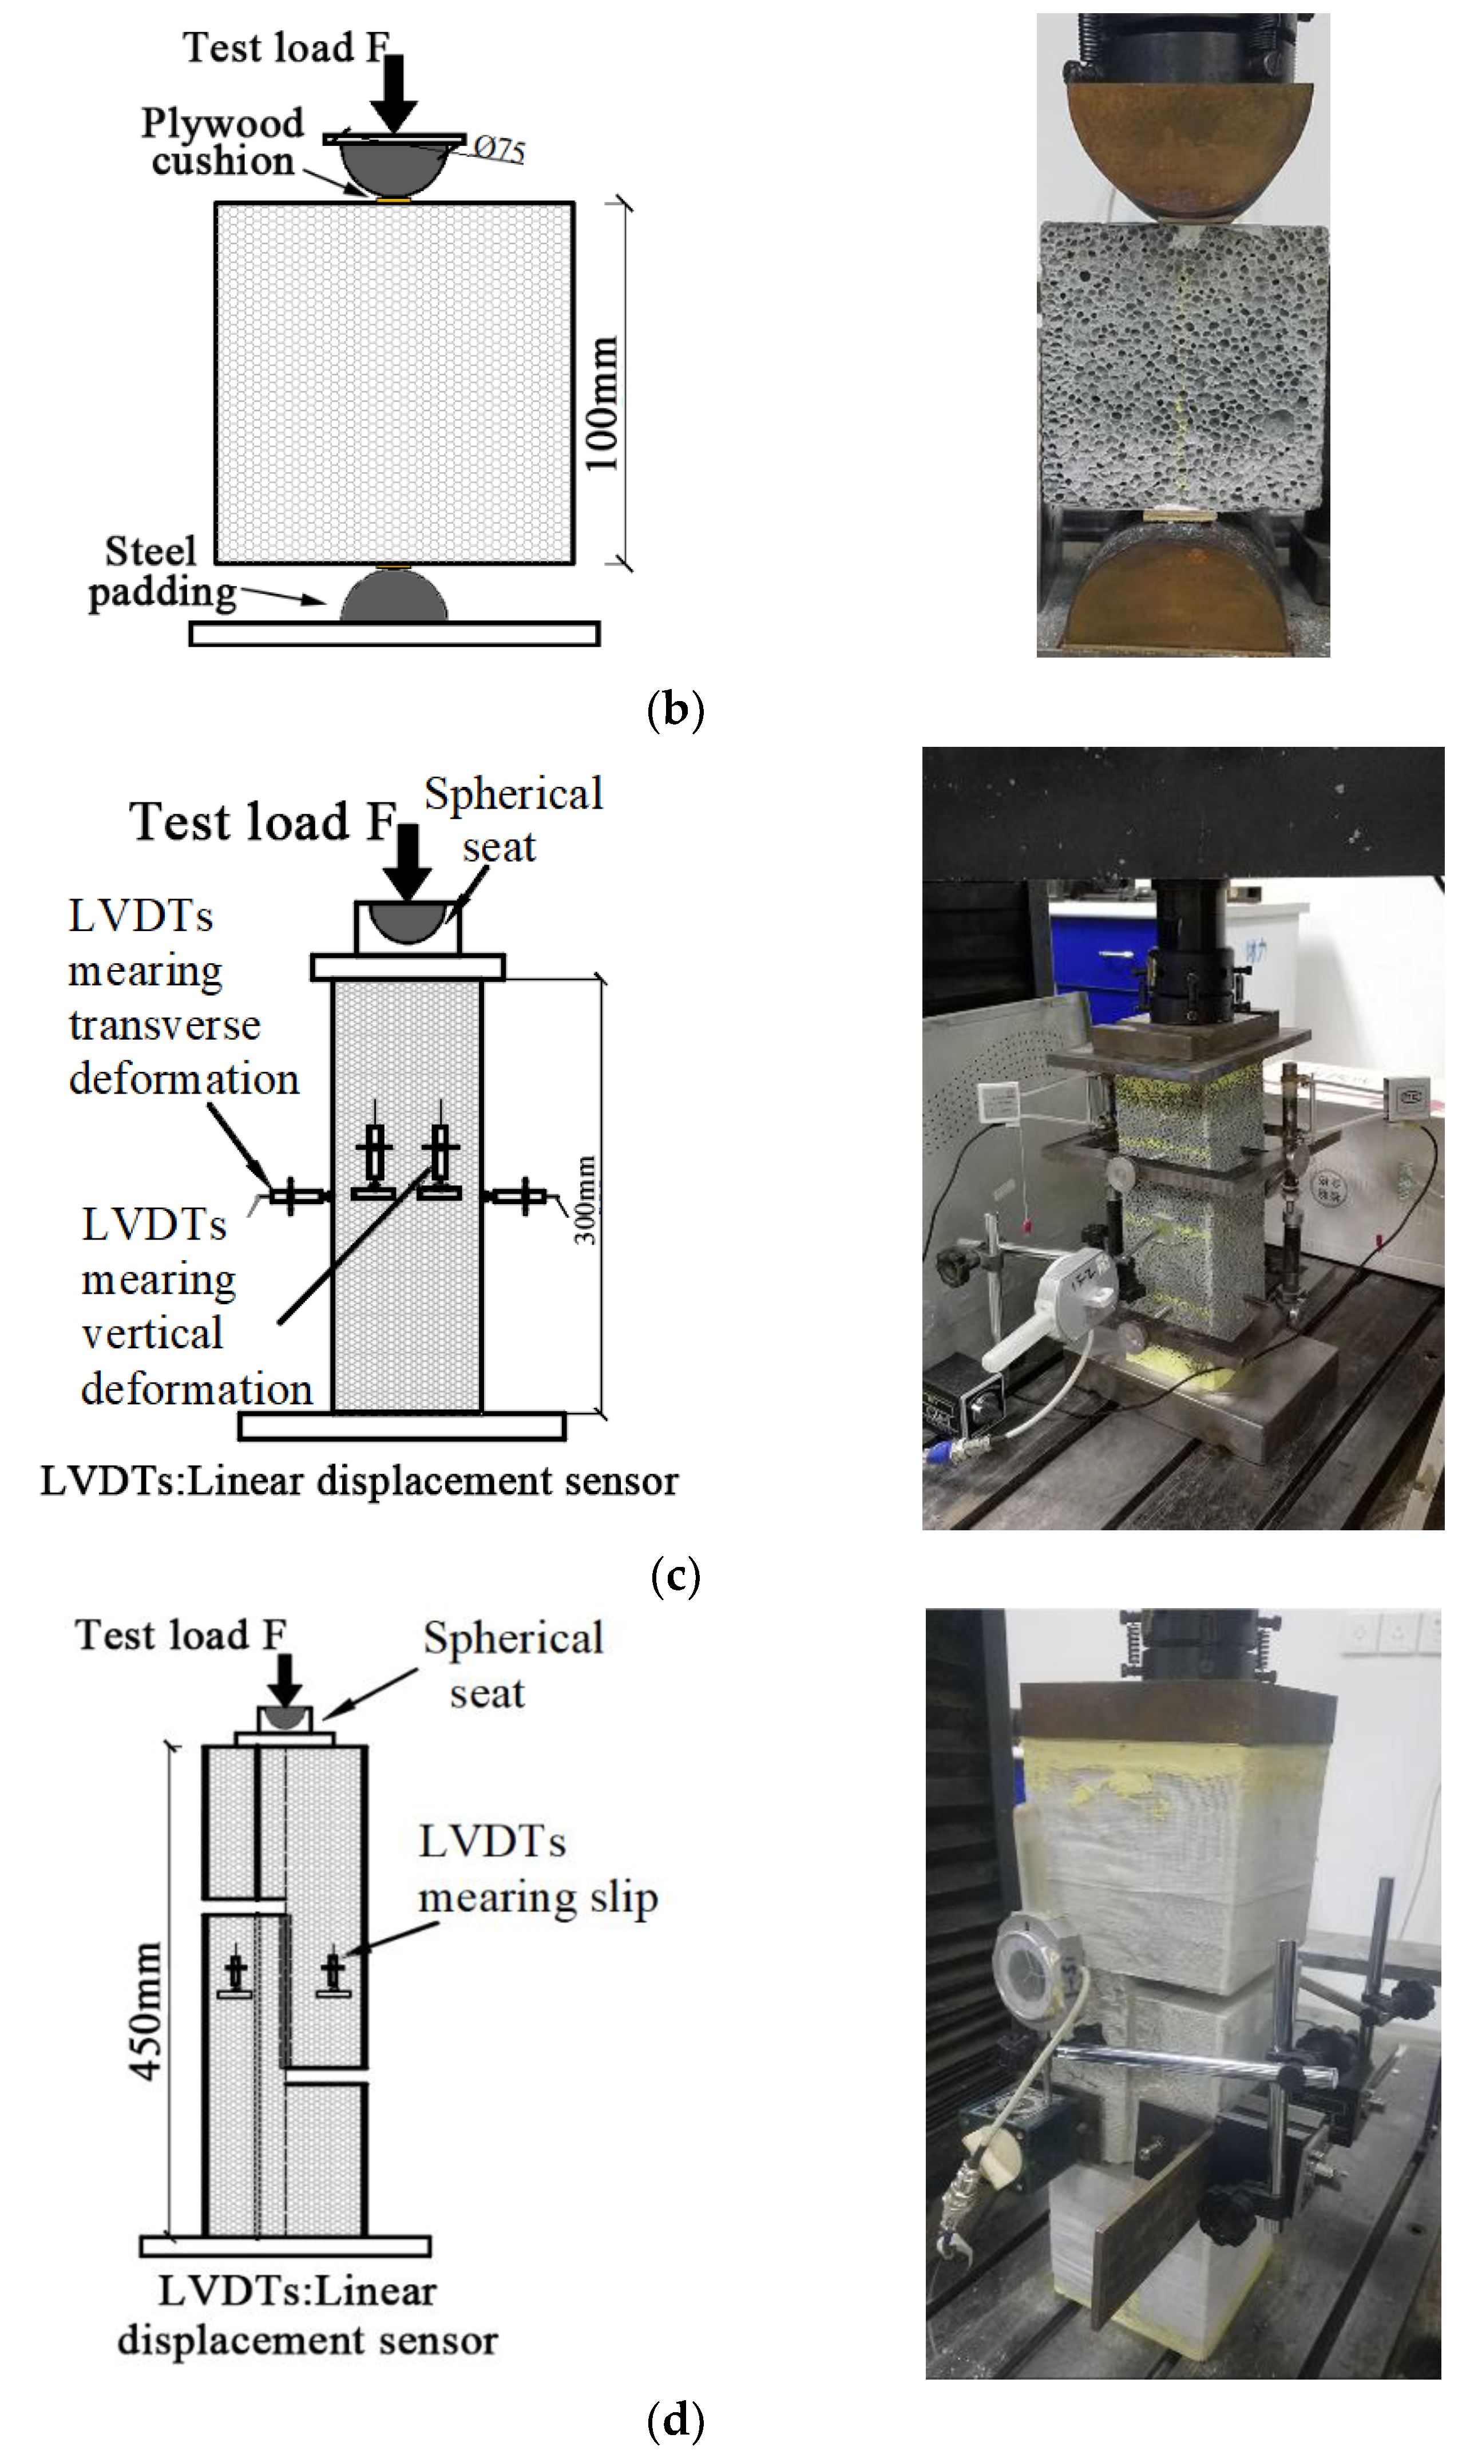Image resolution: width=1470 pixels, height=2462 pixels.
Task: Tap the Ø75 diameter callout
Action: click(498, 149)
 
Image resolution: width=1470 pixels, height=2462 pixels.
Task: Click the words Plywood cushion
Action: click(223, 142)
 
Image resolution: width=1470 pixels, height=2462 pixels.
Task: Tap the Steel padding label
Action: click(159, 572)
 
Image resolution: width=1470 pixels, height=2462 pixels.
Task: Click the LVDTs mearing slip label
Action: click(536, 1870)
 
